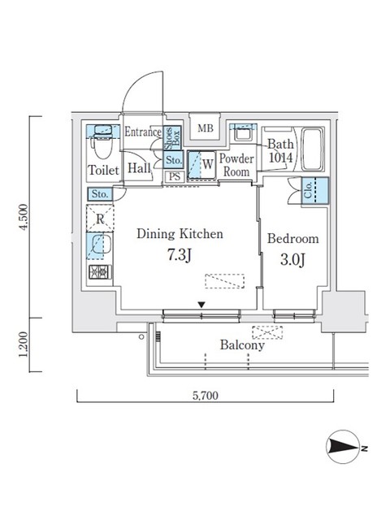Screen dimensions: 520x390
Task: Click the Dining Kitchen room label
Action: (180, 234)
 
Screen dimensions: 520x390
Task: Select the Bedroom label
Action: (293, 240)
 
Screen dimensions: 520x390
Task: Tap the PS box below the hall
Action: (174, 175)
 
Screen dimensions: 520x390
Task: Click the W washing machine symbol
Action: (207, 163)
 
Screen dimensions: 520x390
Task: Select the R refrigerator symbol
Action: (99, 219)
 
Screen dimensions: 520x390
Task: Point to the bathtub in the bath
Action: (313, 149)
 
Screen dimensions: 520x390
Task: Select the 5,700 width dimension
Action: (205, 397)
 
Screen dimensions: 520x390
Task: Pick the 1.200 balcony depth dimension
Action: (27, 344)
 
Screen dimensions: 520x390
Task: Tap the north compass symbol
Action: (344, 448)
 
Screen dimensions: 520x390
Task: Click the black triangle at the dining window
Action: (201, 305)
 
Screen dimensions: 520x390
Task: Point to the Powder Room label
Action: (236, 165)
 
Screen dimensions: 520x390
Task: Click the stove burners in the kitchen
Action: (99, 272)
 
